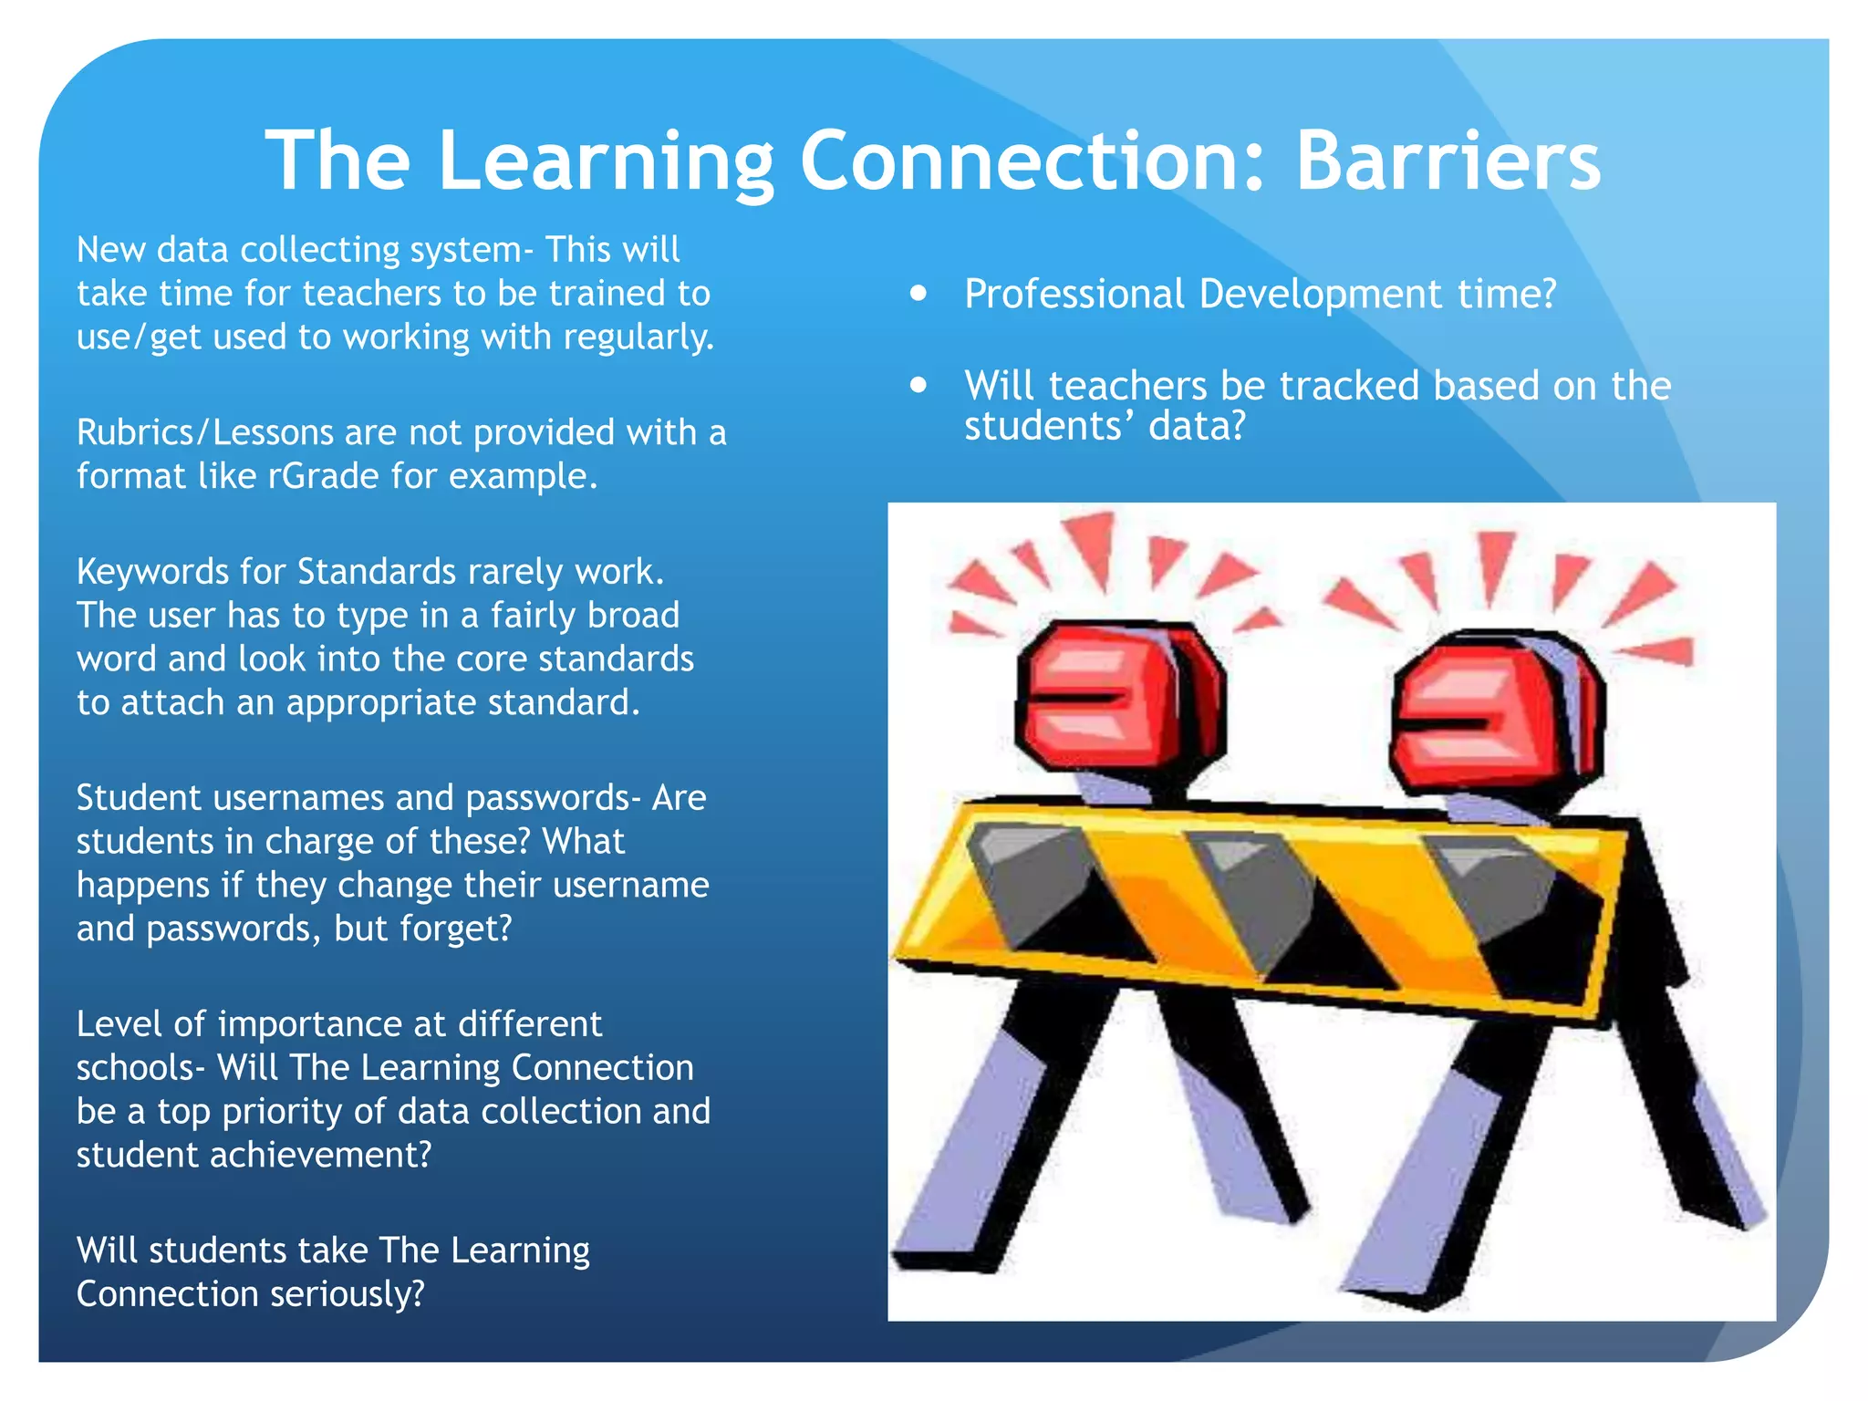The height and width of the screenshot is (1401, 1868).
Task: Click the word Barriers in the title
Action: coord(1448,161)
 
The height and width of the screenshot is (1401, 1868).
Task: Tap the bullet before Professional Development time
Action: coord(918,294)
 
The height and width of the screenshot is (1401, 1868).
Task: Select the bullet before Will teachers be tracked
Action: coord(918,385)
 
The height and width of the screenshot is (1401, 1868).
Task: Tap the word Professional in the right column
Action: coord(1074,294)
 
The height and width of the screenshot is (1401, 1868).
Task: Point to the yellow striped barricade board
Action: coord(1259,903)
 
